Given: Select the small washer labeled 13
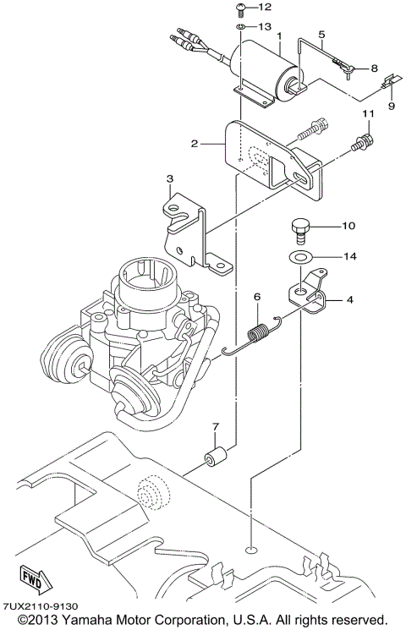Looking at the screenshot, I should click(x=241, y=27).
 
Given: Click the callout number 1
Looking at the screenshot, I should click(x=277, y=36).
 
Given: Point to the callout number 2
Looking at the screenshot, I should click(x=195, y=144).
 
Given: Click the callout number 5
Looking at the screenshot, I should click(x=322, y=35).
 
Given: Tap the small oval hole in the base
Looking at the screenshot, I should click(x=251, y=551).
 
